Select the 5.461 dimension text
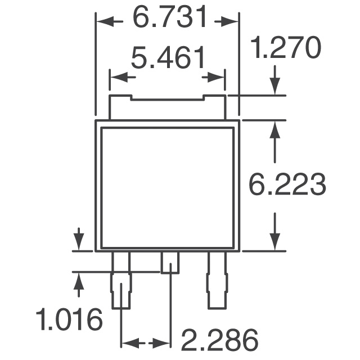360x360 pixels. pos(167,58)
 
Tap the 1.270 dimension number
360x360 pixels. pos(285,49)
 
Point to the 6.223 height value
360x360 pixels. pos(287,185)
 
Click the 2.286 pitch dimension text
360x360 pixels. pos(219,340)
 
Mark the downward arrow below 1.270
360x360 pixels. pos(274,82)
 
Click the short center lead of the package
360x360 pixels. pos(170,262)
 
